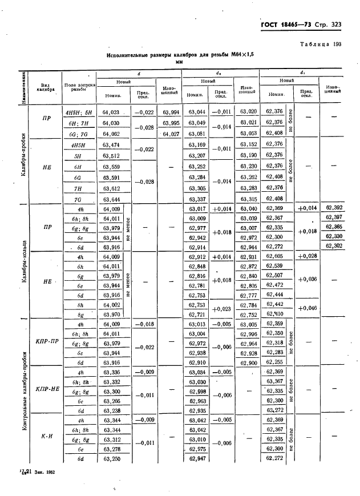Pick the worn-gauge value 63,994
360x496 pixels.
click(171, 112)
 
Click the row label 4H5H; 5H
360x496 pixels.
click(78, 112)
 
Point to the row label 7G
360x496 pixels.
click(78, 199)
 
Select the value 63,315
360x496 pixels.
click(248, 199)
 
